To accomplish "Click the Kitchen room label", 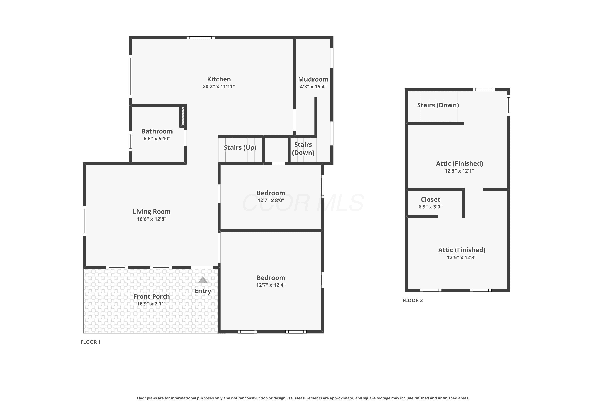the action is pos(219,79).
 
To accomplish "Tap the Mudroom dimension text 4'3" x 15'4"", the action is pos(313,87).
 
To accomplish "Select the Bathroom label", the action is pos(157,131).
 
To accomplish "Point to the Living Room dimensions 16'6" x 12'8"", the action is pos(151,219).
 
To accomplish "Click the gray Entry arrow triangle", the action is pos(203,280).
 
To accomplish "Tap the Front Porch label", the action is pos(151,296).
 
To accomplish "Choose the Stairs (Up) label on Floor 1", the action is pos(240,148).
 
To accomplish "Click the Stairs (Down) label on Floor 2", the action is pos(438,105).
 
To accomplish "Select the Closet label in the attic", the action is pos(430,199).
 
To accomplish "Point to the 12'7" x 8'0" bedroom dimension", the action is pos(271,200).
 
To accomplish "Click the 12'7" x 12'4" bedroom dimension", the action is pos(271,285).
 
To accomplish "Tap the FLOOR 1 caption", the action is pos(90,342).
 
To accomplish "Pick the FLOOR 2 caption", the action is pos(412,300).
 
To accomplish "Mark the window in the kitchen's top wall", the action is pos(201,38).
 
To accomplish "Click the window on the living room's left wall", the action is pos(84,221).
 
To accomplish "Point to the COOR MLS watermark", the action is pos(303,203).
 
